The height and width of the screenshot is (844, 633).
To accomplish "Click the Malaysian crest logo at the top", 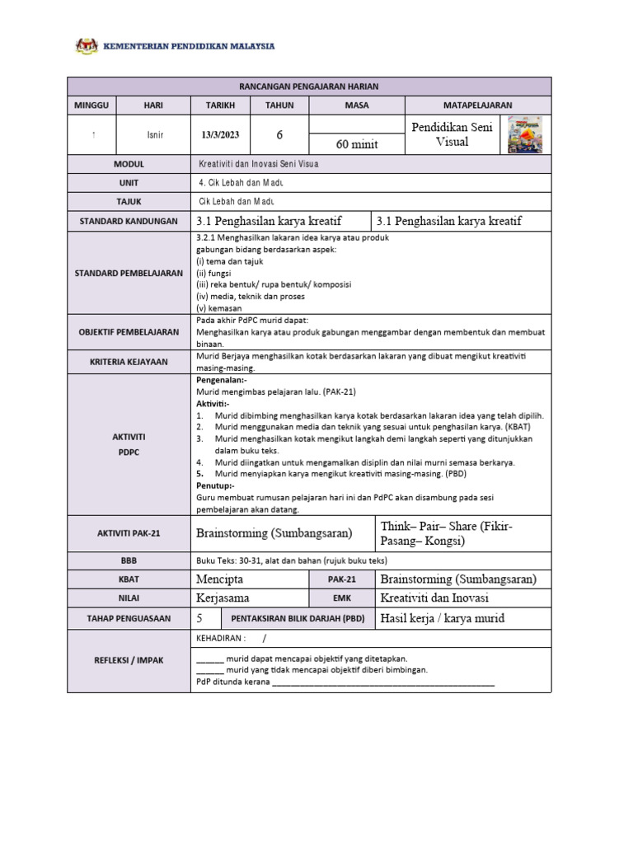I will (86, 46).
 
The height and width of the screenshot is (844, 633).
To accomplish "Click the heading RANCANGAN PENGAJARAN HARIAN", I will (309, 87).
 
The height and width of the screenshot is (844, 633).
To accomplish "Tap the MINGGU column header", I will (92, 105).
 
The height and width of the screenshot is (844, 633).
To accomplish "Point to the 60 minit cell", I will (357, 144).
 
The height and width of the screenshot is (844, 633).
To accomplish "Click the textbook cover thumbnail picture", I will (525, 134).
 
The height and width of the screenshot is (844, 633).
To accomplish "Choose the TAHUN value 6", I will (279, 135).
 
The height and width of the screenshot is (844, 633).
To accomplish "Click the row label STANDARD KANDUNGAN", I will (129, 222).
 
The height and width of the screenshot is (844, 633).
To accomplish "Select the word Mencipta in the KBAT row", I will (220, 579).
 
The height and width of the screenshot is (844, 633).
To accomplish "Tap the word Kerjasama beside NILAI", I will (223, 598).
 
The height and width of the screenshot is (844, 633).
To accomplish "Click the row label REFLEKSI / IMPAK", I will (129, 661).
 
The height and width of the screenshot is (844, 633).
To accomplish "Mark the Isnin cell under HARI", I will (154, 135).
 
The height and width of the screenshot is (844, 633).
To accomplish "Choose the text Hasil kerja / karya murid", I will (442, 618).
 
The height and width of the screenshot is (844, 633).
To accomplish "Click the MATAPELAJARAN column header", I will (478, 105).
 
